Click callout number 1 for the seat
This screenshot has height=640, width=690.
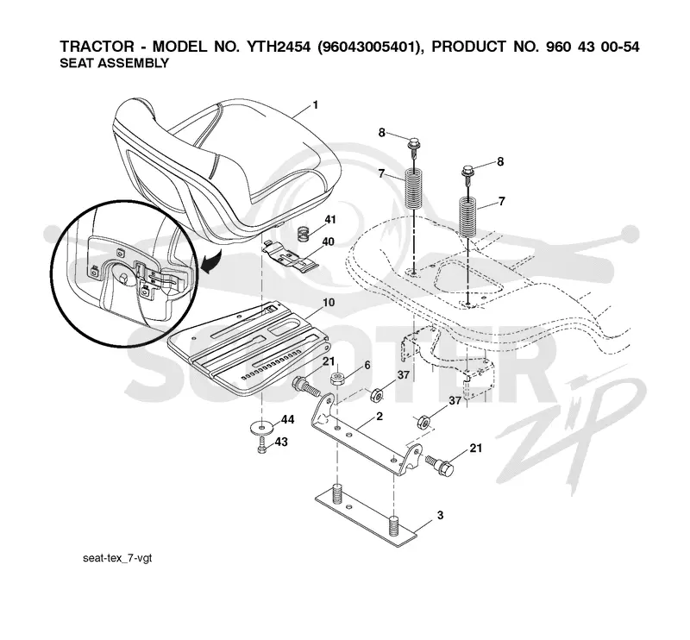click(x=315, y=105)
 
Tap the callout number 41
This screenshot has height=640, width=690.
click(x=330, y=219)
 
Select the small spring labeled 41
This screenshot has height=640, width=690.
click(x=303, y=234)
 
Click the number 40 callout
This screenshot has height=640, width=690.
click(x=329, y=242)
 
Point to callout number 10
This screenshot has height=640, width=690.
click(x=329, y=303)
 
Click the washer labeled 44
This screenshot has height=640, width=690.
click(x=262, y=426)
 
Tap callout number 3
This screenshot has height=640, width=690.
click(x=440, y=515)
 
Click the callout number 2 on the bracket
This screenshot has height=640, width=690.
click(x=379, y=416)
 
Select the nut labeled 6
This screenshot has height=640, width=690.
click(x=338, y=379)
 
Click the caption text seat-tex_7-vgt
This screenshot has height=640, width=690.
click(x=117, y=558)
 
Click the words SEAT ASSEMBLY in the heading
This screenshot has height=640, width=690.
click(x=115, y=63)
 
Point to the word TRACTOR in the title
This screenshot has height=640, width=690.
click(x=97, y=47)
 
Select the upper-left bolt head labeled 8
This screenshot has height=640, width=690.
click(x=413, y=142)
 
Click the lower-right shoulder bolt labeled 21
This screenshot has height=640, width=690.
click(x=440, y=464)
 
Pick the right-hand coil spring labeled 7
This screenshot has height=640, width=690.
click(x=467, y=217)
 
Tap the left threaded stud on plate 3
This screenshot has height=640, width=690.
click(x=337, y=493)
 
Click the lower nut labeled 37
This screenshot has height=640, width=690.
click(x=423, y=422)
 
